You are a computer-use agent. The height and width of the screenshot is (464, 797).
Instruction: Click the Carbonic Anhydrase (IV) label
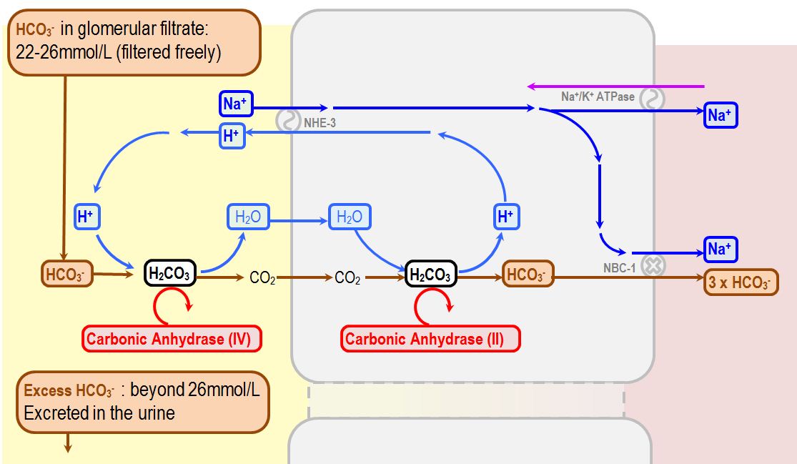172,339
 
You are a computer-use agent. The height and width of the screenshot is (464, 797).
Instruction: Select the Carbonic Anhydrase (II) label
430,339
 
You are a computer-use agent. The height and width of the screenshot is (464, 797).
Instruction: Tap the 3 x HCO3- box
741,282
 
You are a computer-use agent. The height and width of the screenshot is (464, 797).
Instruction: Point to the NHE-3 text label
320,123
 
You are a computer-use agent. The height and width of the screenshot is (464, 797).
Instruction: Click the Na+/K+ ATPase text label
598,97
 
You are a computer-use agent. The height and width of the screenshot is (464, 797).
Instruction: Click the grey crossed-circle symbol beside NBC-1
652,266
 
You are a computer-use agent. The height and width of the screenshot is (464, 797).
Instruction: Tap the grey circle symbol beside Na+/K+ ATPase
652,99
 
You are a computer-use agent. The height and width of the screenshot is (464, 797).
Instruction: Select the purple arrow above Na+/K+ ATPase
615,87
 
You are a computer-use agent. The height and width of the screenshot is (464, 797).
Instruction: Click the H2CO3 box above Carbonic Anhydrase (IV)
169,273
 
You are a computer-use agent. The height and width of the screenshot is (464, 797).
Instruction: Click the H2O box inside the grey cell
350,217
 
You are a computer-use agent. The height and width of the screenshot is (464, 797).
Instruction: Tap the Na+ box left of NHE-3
234,104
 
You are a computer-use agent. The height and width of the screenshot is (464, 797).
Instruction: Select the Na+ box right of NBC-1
720,250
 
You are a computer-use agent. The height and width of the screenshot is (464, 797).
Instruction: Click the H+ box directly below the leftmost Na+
231,137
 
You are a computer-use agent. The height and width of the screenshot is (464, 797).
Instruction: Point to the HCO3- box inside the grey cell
528,275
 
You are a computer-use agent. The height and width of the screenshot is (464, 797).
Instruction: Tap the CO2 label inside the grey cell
347,278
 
